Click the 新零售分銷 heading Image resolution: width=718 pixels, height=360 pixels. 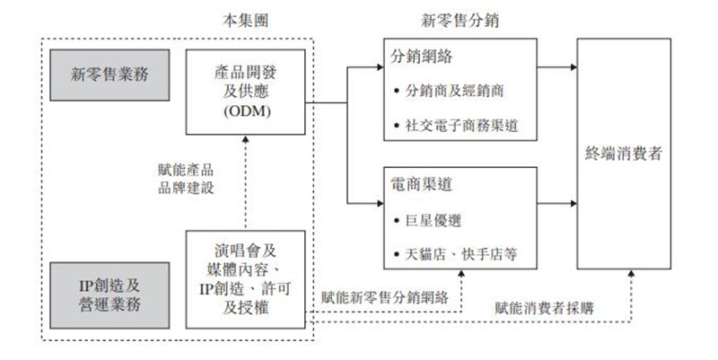tap(460, 19)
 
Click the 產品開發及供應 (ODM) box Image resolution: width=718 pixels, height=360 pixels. tap(243, 90)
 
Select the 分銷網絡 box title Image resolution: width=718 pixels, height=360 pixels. tap(422, 56)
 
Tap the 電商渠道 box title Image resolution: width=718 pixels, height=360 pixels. tap(422, 184)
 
